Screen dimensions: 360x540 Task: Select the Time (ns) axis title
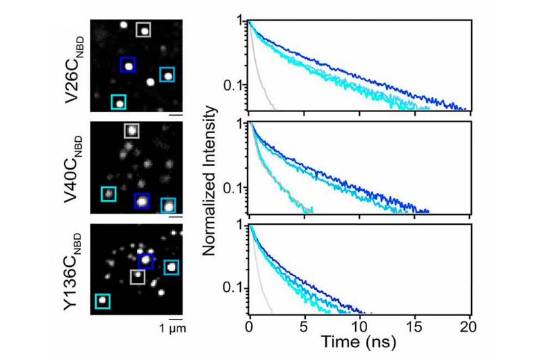pyautogui.click(x=360, y=341)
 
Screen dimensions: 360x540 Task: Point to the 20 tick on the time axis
pyautogui.click(x=468, y=327)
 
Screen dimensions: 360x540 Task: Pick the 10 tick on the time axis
pyautogui.click(x=359, y=327)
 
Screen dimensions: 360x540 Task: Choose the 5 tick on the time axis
pyautogui.click(x=304, y=327)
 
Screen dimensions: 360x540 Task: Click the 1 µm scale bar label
pyautogui.click(x=172, y=329)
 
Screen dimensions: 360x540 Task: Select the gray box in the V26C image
pyautogui.click(x=144, y=30)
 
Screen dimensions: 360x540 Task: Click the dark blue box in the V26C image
pyautogui.click(x=128, y=65)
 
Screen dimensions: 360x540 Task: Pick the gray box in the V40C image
pyautogui.click(x=132, y=130)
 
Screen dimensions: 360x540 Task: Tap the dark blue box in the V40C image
pyautogui.click(x=141, y=201)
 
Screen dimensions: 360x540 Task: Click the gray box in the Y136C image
pyautogui.click(x=138, y=276)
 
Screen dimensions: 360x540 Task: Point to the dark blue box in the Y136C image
pyautogui.click(x=146, y=260)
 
